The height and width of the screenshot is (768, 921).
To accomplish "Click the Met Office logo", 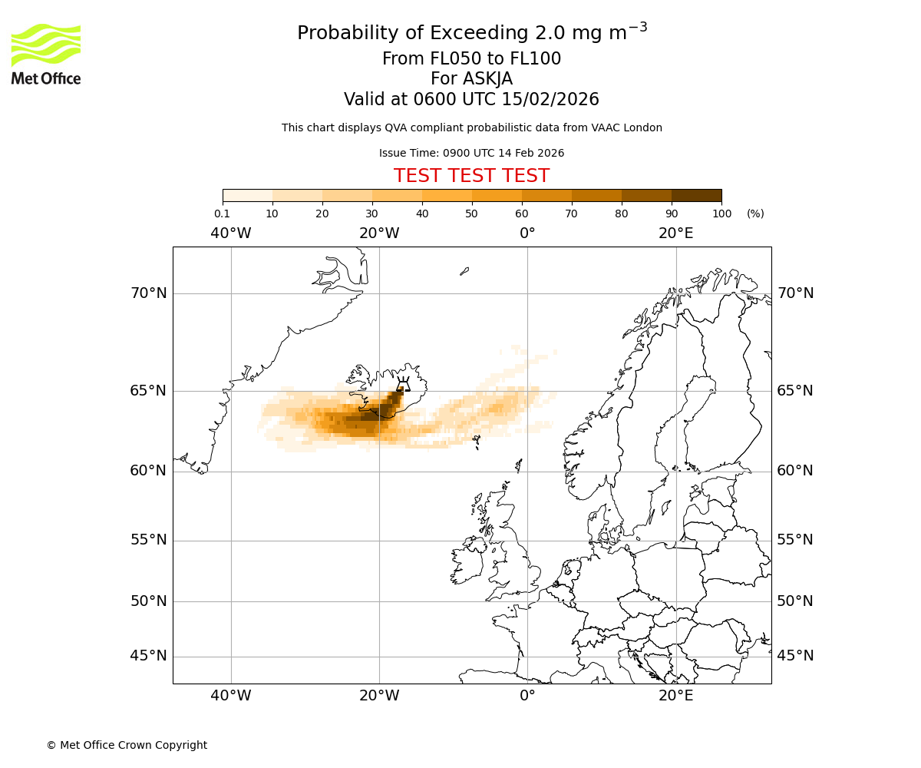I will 46,54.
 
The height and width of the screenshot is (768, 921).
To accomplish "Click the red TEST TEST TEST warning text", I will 471,176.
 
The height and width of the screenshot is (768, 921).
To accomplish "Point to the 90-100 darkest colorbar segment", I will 696,195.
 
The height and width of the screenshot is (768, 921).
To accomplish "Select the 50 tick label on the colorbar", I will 471,214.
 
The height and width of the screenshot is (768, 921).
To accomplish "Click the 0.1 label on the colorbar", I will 222,214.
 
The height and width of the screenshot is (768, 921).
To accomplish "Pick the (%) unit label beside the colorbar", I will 755,214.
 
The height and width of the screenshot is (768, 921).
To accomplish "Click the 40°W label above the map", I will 231,233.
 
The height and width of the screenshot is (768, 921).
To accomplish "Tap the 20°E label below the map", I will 675,696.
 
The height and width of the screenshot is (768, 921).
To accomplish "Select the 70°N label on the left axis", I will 148,293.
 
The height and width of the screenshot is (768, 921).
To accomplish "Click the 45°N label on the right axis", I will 795,656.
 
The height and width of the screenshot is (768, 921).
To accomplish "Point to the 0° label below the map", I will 527,696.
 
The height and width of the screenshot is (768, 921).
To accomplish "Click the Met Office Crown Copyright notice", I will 127,745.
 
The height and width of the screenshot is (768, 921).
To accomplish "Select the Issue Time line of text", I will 471,153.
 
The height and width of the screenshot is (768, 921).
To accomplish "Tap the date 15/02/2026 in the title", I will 550,100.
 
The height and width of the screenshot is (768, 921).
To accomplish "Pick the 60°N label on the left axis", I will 148,471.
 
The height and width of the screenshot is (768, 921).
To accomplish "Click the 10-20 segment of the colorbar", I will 297,195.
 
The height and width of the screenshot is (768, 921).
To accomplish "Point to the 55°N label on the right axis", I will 795,540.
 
